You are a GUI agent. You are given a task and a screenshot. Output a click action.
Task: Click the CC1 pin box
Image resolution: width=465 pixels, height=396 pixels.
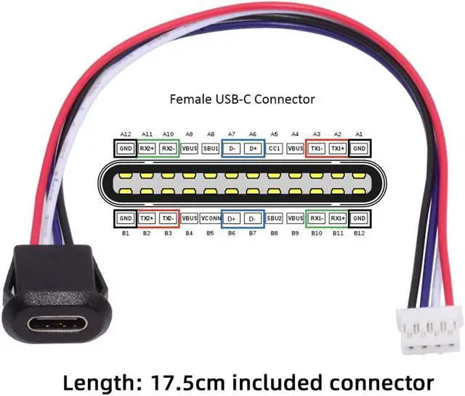pyautogui.click(x=275, y=148)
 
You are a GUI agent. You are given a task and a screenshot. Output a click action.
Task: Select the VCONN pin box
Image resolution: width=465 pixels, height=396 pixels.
pyautogui.click(x=211, y=218)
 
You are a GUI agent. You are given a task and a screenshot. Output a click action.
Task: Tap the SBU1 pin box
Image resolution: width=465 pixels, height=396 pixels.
pyautogui.click(x=211, y=148)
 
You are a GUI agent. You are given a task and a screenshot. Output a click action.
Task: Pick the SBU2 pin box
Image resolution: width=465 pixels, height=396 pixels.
pyautogui.click(x=275, y=218)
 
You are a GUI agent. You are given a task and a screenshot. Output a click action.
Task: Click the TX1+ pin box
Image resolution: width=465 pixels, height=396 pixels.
pyautogui.click(x=337, y=148)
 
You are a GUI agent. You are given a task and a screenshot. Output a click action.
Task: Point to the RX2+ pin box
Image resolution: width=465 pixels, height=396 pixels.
pyautogui.click(x=147, y=148)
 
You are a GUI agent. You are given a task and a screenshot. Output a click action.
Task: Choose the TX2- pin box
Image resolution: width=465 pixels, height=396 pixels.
pyautogui.click(x=168, y=218)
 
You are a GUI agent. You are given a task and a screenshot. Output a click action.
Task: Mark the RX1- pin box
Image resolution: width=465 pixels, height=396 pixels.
pyautogui.click(x=316, y=218)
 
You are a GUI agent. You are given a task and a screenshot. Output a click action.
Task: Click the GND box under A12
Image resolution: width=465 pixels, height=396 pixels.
pyautogui.click(x=125, y=148)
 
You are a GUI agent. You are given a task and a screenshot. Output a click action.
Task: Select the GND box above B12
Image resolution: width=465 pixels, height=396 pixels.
pyautogui.click(x=359, y=218)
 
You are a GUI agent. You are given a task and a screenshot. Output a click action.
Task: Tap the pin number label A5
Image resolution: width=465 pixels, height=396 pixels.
pyautogui.click(x=275, y=134)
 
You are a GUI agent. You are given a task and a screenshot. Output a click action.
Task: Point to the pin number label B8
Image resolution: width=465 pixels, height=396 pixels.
pyautogui.click(x=275, y=233)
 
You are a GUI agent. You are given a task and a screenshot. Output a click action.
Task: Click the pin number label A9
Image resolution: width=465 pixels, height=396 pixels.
pyautogui.click(x=190, y=134)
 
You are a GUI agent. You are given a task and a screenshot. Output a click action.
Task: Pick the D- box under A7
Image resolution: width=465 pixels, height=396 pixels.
pyautogui.click(x=232, y=148)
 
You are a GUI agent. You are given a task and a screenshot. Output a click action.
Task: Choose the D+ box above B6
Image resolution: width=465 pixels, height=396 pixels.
pyautogui.click(x=232, y=218)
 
